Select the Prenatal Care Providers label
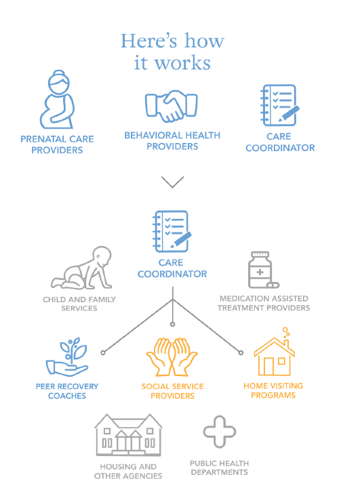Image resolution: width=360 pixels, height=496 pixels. (x=57, y=144)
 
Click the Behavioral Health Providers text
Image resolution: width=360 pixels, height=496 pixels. (x=172, y=140)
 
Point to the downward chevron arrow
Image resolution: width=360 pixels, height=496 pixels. (x=172, y=182)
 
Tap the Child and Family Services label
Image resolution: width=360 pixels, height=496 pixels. (x=79, y=304)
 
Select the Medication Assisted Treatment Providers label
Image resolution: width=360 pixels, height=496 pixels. (x=264, y=303)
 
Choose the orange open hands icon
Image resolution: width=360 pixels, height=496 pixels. (x=172, y=357)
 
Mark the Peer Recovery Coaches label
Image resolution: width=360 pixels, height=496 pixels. (x=67, y=391)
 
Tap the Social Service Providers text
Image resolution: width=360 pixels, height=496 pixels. (x=172, y=391)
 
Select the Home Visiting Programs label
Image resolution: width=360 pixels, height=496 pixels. (x=273, y=390)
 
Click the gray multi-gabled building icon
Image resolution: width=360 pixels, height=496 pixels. (x=128, y=434)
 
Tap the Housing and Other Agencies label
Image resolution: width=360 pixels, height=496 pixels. (x=128, y=471)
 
